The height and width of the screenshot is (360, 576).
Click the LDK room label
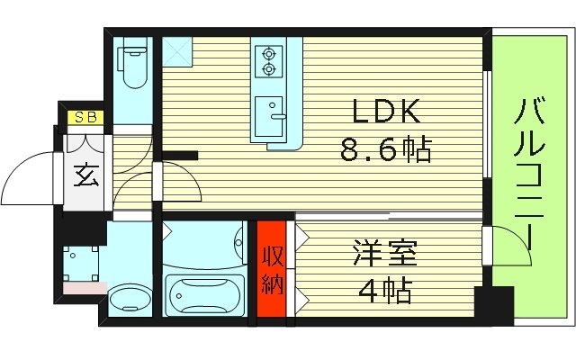[x=385, y=112]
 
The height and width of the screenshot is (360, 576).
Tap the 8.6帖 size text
[x=385, y=149]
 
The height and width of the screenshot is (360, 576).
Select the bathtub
[x=206, y=292]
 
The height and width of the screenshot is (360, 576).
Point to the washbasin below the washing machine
[x=131, y=298]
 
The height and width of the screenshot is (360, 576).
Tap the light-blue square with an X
[x=175, y=52]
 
